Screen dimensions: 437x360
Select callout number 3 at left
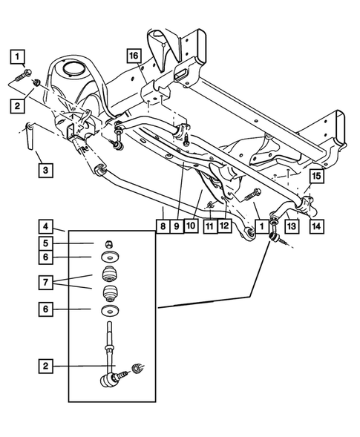(x=45, y=171)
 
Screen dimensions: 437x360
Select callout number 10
(x=191, y=226)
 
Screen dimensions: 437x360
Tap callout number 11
(x=210, y=226)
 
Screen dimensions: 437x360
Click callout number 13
(x=292, y=226)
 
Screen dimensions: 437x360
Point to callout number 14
(x=318, y=226)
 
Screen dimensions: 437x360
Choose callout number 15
(x=315, y=177)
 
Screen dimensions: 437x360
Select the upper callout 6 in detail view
(x=45, y=258)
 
